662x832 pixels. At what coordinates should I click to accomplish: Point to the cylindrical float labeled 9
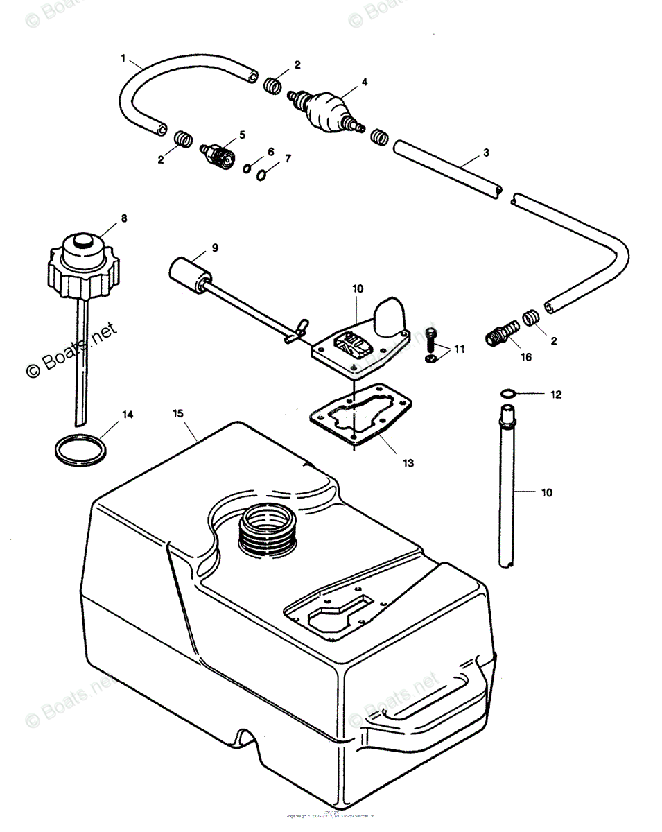click(x=186, y=270)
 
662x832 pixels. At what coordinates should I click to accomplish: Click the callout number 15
click(x=178, y=414)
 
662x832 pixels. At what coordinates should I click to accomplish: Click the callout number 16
click(x=525, y=358)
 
